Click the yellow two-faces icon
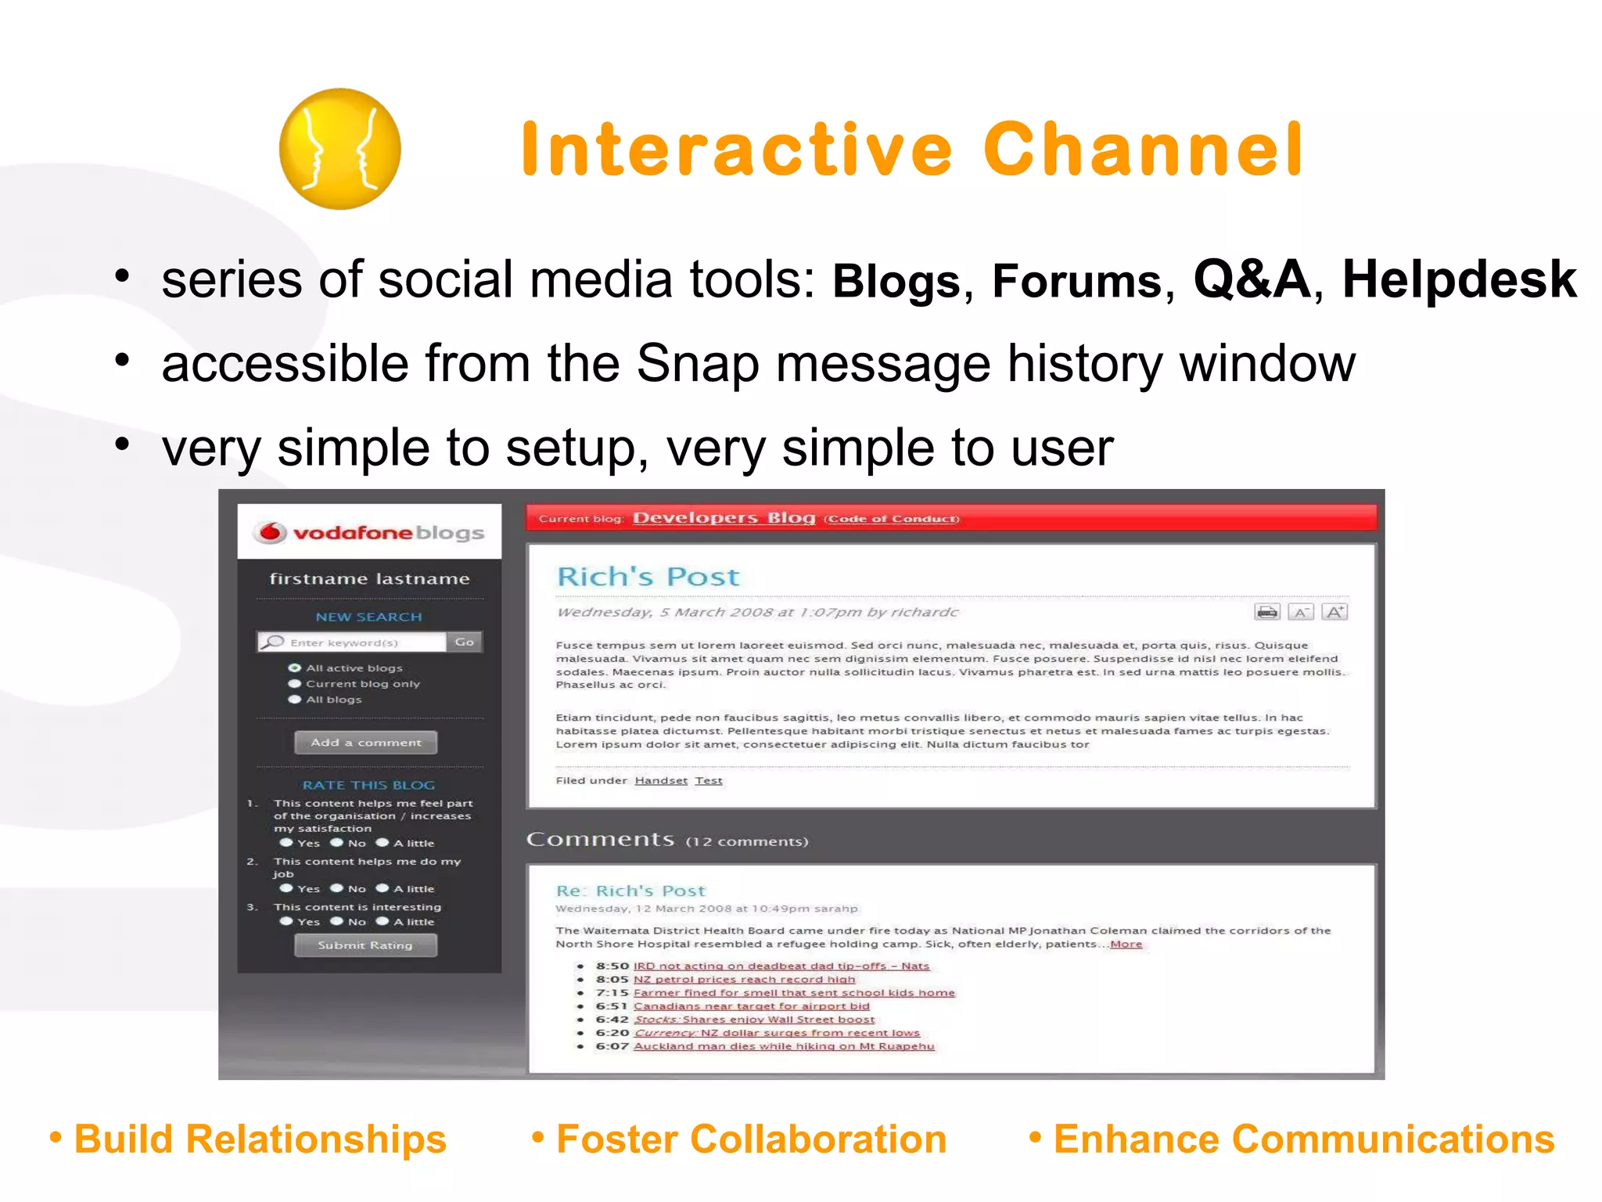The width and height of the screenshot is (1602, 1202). click(339, 149)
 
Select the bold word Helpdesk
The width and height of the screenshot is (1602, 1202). click(1459, 279)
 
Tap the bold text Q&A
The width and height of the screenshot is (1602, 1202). click(1251, 279)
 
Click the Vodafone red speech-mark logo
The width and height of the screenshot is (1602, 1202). click(271, 532)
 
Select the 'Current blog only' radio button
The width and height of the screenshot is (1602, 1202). click(295, 684)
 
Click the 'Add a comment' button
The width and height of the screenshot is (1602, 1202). click(365, 742)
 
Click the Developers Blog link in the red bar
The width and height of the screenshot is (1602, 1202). click(724, 518)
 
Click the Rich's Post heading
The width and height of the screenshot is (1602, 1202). click(648, 577)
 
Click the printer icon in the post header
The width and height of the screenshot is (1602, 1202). click(1266, 612)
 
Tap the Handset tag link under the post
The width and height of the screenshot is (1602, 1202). click(661, 780)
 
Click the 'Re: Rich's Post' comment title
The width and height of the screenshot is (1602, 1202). click(630, 891)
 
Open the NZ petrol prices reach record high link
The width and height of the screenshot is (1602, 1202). click(744, 979)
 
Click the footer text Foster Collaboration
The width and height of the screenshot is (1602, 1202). click(750, 1139)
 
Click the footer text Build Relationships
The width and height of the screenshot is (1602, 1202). click(260, 1139)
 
